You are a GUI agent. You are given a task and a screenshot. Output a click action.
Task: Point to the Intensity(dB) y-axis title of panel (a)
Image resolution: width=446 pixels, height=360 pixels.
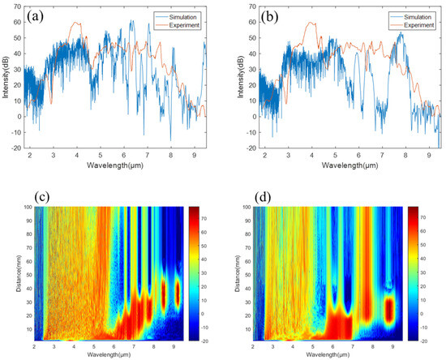point(6,79)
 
